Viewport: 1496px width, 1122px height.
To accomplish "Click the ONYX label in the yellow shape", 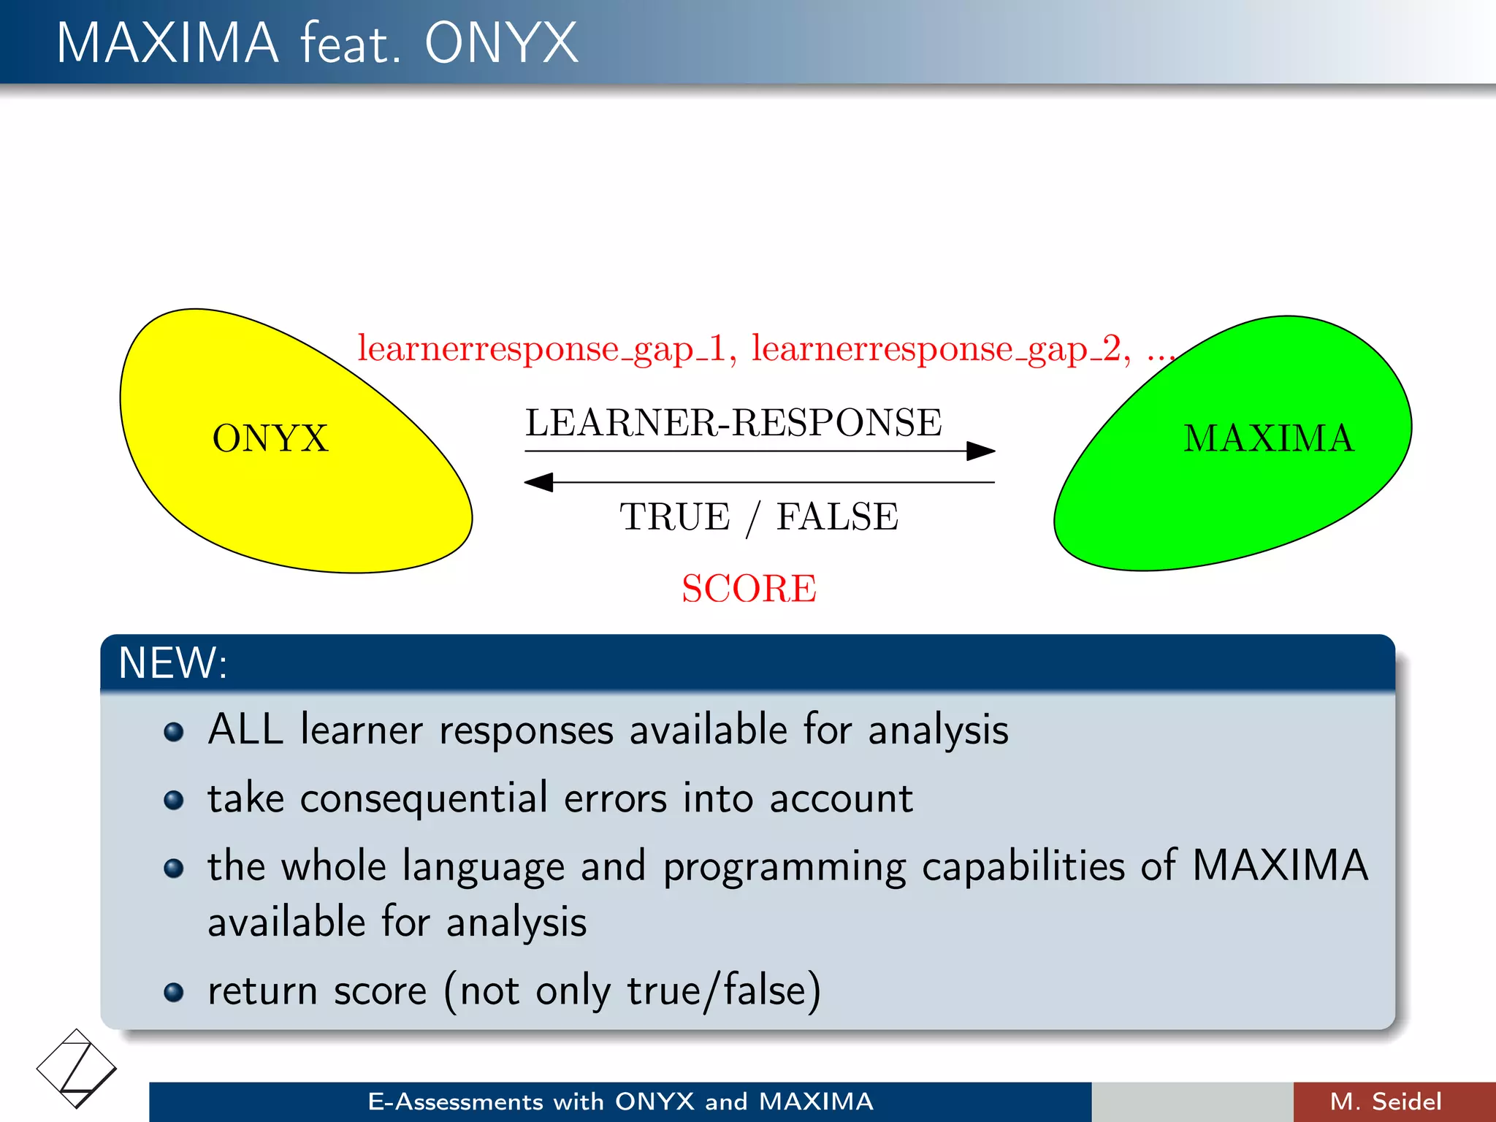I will coord(270,439).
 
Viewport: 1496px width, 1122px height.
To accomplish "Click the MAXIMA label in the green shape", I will coord(1269,439).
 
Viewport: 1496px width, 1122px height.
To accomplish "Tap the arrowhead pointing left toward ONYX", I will coord(539,482).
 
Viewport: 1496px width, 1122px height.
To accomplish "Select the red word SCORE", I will coord(749,589).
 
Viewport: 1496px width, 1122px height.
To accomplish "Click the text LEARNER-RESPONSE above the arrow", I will coord(733,423).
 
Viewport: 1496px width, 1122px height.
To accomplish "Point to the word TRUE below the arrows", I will coord(674,517).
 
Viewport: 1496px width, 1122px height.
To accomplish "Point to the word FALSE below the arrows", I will coord(837,517).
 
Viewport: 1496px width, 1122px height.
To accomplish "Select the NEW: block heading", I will coord(173,663).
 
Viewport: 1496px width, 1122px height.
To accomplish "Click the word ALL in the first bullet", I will coord(245,730).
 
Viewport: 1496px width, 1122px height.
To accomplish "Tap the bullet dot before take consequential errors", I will coord(174,800).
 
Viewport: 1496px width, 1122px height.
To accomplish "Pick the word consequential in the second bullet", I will coord(424,798).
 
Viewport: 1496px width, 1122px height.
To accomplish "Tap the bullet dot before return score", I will coord(174,993).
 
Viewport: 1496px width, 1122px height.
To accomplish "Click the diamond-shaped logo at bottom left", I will coord(76,1069).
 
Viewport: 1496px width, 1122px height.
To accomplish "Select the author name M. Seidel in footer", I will coord(1386,1102).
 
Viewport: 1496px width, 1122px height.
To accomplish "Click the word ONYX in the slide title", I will coord(501,43).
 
